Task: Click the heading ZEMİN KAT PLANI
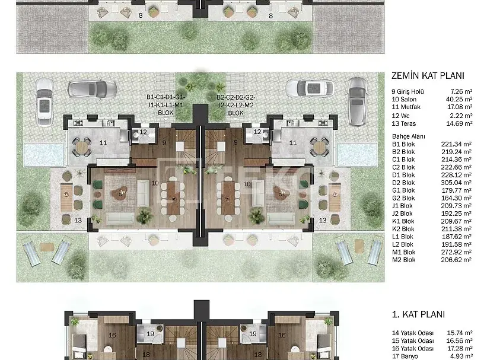(428, 76)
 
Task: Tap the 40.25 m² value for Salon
(459, 100)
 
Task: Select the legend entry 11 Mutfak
(406, 107)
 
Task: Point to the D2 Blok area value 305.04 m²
(456, 183)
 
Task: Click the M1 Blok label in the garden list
(403, 252)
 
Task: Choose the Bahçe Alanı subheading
(408, 136)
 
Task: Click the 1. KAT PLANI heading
(418, 314)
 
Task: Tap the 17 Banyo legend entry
(405, 356)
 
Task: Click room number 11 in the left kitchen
(103, 143)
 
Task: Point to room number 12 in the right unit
(257, 132)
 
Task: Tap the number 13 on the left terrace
(78, 221)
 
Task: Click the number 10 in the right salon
(247, 184)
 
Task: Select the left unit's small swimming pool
(44, 155)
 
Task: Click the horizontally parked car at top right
(310, 88)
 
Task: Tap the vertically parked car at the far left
(44, 102)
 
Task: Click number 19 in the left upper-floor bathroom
(151, 334)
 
